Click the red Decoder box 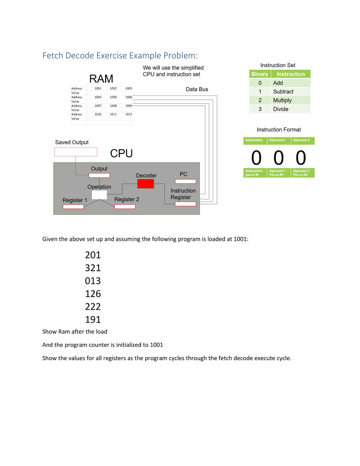point(146,184)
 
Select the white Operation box point(99,195)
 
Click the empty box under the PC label point(185,181)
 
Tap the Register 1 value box point(73,207)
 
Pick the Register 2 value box point(125,207)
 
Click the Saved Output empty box point(76,152)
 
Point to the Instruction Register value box point(185,204)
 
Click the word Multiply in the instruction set point(282,100)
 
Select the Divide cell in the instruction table point(281,109)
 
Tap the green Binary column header point(260,74)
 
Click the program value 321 point(93,268)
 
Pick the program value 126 point(93,294)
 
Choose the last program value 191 point(93,319)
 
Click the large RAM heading point(101,79)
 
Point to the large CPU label point(122,154)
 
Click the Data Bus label point(197,89)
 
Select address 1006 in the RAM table point(128,97)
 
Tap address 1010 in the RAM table point(97,114)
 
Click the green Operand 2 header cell point(303,140)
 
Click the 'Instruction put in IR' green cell point(254,173)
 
